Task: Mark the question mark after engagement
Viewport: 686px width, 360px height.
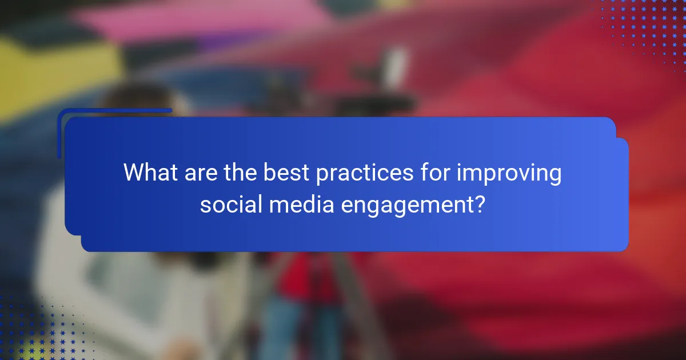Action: point(481,204)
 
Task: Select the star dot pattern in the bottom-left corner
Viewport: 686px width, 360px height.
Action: point(34,331)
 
